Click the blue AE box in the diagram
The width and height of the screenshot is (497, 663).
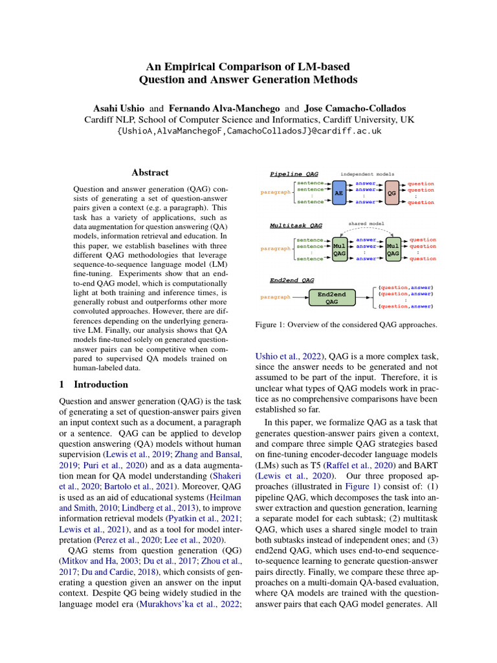337,193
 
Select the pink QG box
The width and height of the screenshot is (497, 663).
391,193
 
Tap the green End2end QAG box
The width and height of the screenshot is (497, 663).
331,297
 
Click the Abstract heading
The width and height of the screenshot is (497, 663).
150,173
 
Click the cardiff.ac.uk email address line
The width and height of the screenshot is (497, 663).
248,131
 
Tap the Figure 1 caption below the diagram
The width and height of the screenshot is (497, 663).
346,324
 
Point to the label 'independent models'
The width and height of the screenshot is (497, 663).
367,174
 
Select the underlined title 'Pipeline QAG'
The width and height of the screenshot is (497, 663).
295,174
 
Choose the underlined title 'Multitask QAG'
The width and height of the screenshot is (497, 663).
296,226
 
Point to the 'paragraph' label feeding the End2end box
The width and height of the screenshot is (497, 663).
275,297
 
